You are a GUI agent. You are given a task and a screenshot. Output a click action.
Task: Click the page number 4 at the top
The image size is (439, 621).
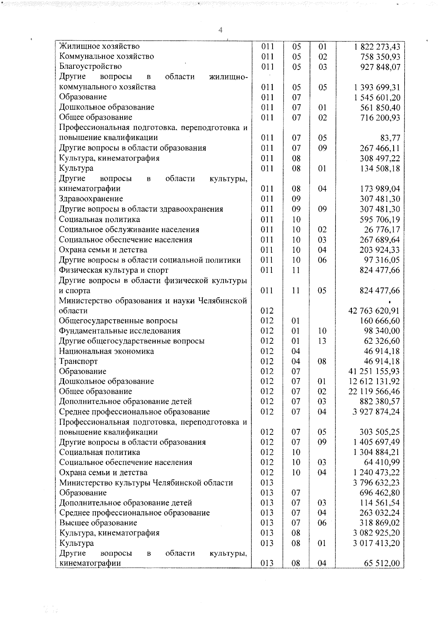220,30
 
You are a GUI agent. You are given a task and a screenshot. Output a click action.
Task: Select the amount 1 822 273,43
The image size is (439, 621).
377,47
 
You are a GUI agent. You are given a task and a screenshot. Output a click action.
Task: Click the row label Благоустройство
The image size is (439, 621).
90,67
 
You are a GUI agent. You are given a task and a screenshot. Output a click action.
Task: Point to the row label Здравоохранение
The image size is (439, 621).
91,199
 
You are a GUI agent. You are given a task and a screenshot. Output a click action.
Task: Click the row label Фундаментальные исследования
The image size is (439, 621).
120,331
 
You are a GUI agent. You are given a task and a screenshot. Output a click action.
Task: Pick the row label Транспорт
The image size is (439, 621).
78,361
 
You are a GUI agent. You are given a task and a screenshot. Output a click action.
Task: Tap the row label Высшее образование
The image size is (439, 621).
98,523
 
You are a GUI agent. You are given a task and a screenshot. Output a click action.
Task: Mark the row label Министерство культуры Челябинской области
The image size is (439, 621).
146,483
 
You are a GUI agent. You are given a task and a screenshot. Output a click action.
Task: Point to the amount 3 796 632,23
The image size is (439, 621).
376,483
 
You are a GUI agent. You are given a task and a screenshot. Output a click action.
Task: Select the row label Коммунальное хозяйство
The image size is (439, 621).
106,57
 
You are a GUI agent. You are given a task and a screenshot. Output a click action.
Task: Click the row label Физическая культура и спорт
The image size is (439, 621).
114,270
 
